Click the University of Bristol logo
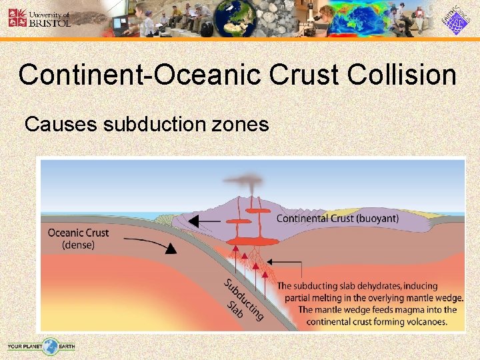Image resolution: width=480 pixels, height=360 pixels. pyautogui.click(x=39, y=17)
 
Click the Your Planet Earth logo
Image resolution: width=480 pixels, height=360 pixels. pyautogui.click(x=41, y=345)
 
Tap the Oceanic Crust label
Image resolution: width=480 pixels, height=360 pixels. pyautogui.click(x=78, y=233)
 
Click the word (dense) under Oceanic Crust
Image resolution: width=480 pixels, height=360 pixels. pyautogui.click(x=78, y=245)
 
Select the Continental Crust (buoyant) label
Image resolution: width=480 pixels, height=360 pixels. pyautogui.click(x=337, y=218)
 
